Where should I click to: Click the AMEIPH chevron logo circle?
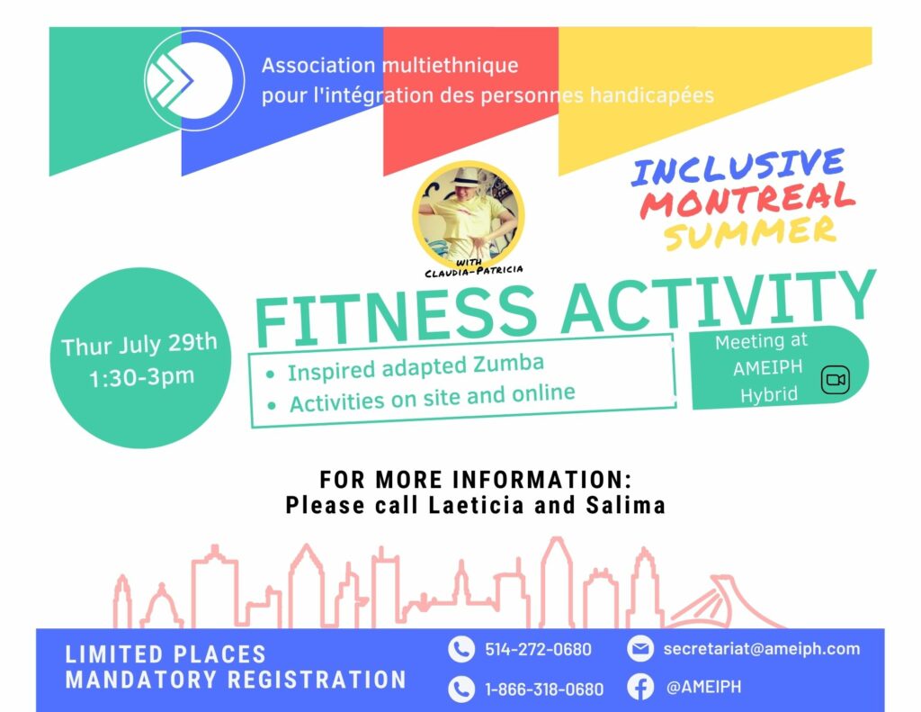[194, 80]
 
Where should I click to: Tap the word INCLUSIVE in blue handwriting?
[738, 167]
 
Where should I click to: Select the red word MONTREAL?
[747, 200]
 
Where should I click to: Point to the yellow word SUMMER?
[751, 232]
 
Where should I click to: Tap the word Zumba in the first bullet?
[509, 364]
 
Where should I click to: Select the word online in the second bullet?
[543, 393]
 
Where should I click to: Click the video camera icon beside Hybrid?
[836, 380]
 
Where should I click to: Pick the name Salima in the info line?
[626, 505]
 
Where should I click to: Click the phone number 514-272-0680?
[538, 649]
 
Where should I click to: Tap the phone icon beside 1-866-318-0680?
[461, 689]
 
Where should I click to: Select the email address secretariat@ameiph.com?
[761, 648]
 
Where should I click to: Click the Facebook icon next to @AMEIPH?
[640, 687]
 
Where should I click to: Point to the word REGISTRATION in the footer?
[317, 680]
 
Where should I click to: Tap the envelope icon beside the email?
[640, 648]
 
